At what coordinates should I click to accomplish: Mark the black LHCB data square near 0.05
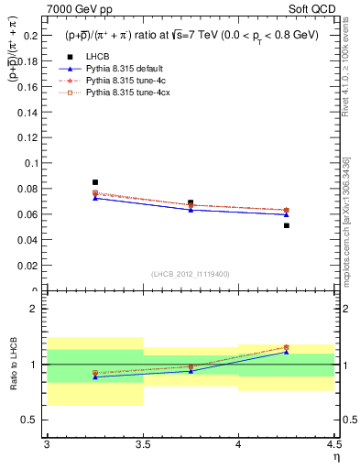click(x=287, y=225)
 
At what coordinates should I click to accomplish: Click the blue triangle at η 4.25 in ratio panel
click(x=287, y=352)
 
